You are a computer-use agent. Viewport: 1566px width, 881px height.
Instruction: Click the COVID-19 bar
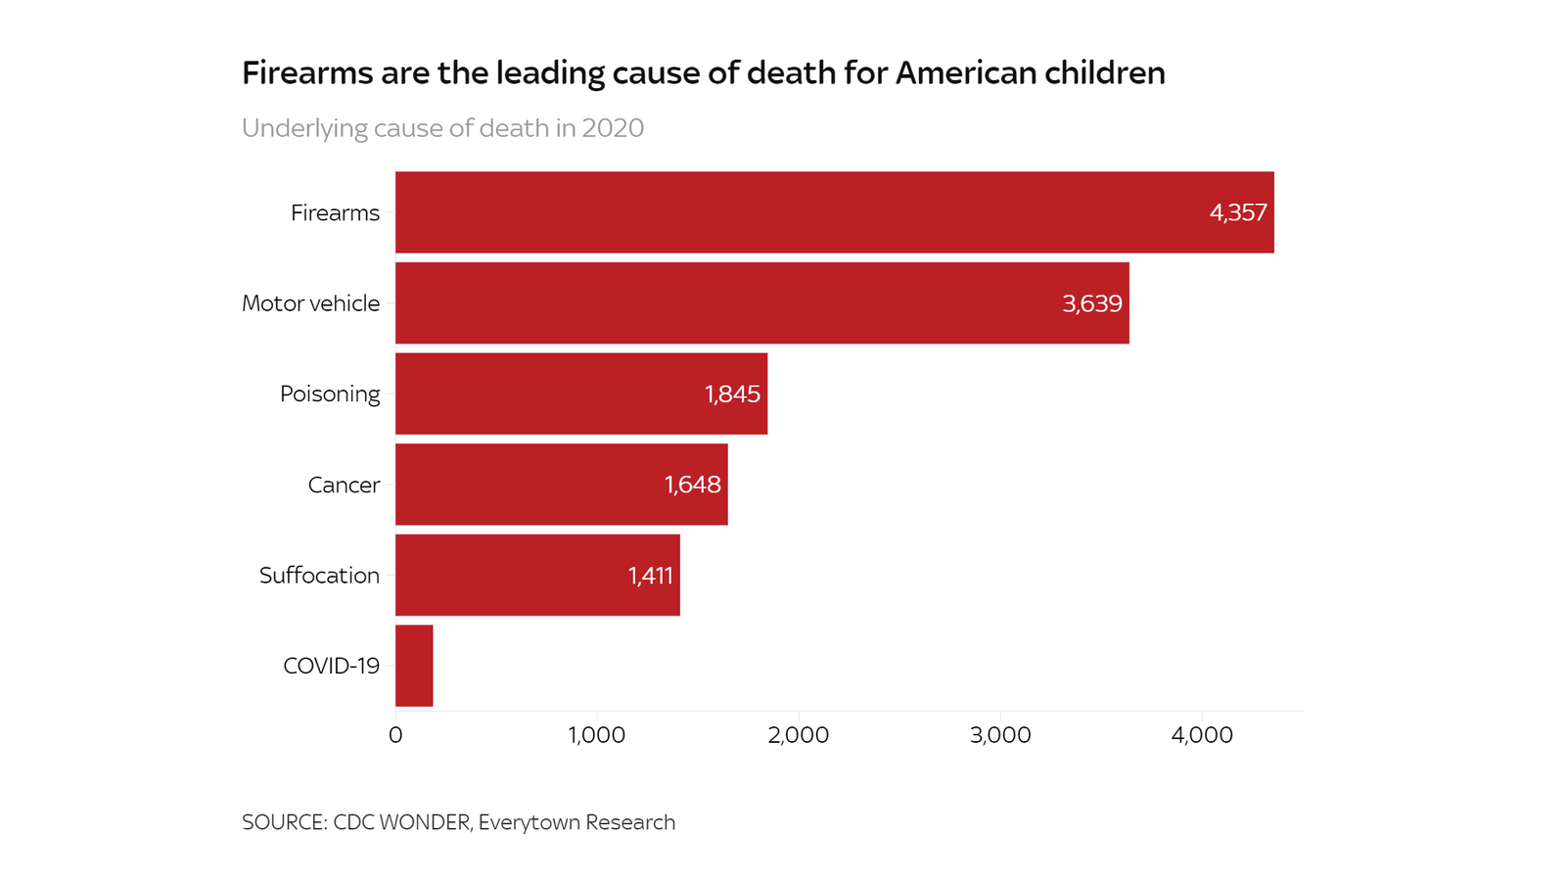(x=414, y=666)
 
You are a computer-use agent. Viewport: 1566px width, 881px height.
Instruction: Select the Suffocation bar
(x=537, y=575)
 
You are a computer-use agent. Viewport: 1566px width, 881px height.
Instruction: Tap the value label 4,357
(x=1238, y=212)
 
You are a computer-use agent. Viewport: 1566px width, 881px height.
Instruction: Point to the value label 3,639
(x=1092, y=303)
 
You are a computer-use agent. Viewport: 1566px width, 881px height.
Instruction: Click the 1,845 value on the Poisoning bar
(x=732, y=394)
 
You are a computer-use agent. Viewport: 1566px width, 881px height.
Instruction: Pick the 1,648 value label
(x=692, y=485)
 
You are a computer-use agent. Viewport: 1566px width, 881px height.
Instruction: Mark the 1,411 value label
(x=650, y=576)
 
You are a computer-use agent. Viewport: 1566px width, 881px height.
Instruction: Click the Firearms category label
(x=335, y=213)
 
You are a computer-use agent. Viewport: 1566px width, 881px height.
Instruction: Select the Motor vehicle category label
(x=310, y=303)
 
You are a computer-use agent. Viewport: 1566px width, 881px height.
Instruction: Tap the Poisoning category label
(x=330, y=394)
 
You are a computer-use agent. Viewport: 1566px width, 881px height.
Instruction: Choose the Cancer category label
(x=344, y=486)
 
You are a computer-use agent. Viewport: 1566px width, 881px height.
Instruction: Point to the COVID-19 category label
(x=331, y=667)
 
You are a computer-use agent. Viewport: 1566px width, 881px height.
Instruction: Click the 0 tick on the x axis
(x=395, y=735)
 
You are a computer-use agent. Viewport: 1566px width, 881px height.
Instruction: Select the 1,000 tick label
(x=597, y=735)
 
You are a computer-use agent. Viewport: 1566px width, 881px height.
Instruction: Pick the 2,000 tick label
(x=799, y=735)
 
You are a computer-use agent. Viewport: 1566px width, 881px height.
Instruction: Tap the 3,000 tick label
(x=1000, y=735)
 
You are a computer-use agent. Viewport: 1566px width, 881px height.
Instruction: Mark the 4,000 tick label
(x=1202, y=735)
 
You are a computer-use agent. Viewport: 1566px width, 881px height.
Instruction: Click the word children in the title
(x=1105, y=73)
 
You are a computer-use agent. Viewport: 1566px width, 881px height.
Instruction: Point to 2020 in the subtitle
(x=613, y=128)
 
